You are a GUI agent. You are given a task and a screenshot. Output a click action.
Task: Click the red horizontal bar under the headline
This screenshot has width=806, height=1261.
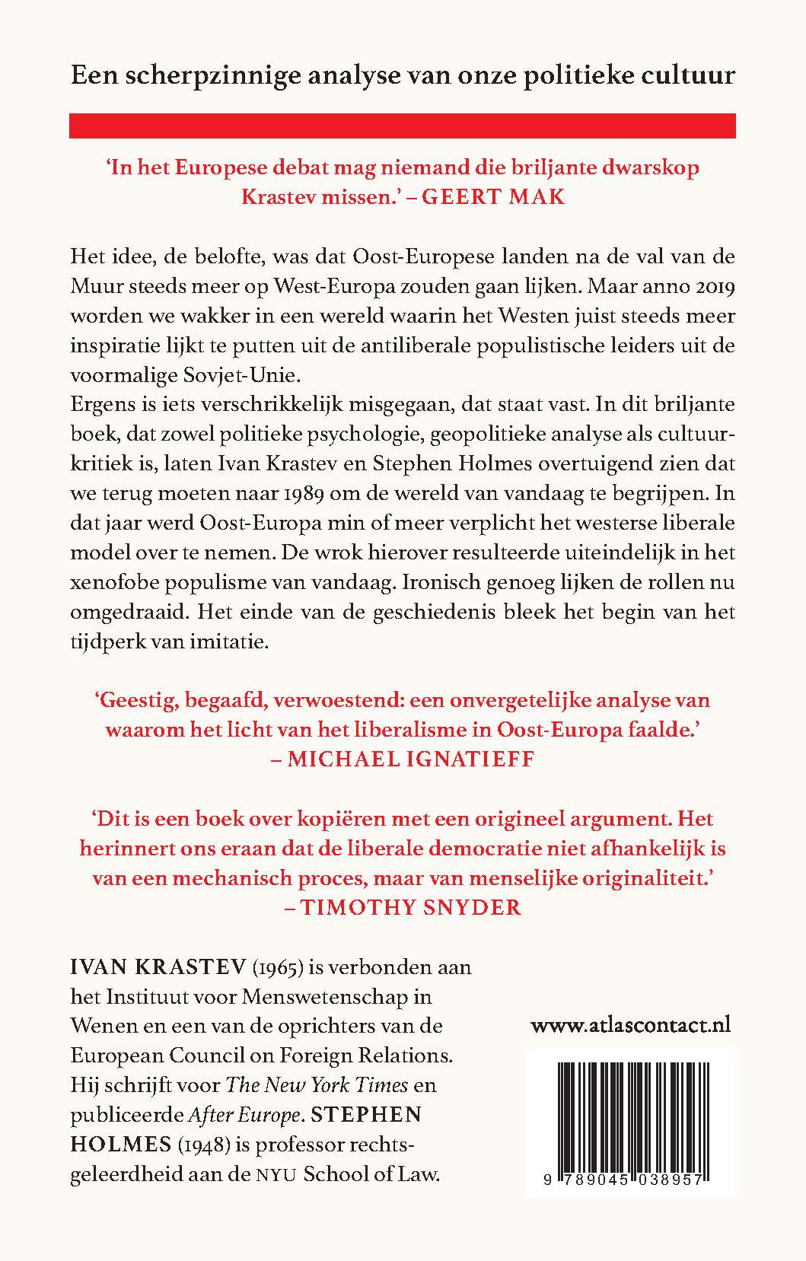click(402, 126)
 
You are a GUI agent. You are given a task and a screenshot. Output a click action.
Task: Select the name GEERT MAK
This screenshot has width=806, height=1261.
click(492, 196)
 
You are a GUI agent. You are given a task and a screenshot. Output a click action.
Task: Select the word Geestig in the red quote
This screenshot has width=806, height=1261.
click(140, 699)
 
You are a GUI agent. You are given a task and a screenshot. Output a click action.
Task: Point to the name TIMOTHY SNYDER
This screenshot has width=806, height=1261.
click(410, 907)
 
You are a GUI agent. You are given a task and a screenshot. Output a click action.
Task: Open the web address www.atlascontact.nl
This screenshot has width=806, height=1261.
click(630, 1024)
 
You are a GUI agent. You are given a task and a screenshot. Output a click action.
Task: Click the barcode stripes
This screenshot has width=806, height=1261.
click(629, 1109)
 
